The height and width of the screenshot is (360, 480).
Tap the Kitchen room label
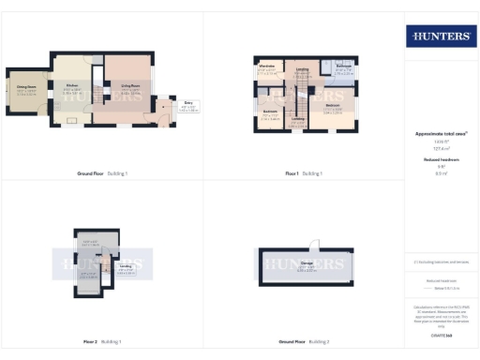(71, 86)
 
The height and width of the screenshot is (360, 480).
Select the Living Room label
(130, 85)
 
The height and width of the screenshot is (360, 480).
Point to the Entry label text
(188, 103)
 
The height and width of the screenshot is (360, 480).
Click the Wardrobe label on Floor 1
(266, 67)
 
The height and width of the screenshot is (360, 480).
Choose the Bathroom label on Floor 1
(343, 67)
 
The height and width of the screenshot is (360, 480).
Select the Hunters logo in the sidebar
(440, 37)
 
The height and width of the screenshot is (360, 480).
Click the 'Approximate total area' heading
(440, 133)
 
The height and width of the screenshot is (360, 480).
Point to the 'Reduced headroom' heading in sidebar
(440, 160)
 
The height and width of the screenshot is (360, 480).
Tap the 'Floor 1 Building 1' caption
(304, 173)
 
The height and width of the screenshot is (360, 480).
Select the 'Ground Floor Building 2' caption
(304, 341)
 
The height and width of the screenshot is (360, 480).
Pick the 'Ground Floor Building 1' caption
(103, 173)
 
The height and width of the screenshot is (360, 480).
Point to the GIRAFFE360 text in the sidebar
(440, 335)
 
